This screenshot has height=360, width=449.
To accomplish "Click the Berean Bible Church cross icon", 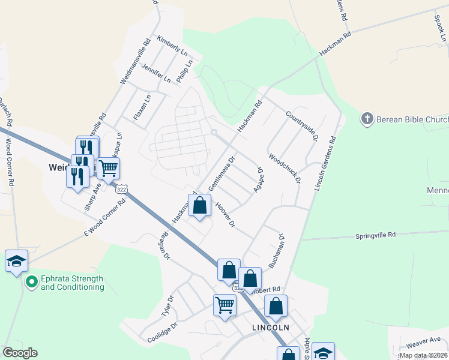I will [x=367, y=119].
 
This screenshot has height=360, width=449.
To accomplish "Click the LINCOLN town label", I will [x=271, y=328].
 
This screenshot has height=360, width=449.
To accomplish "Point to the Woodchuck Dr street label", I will [x=284, y=169].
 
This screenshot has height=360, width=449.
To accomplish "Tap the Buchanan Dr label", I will [x=276, y=250].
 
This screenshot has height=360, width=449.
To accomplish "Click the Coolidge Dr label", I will [x=163, y=334].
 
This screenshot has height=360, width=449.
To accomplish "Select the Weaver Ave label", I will [x=424, y=342].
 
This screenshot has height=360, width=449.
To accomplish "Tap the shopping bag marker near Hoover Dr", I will [x=200, y=206].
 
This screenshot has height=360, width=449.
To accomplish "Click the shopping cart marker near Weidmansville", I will [x=108, y=169].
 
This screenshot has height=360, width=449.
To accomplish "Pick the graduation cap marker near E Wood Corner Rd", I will [x=17, y=261].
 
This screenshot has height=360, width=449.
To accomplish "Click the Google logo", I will [x=20, y=353].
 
